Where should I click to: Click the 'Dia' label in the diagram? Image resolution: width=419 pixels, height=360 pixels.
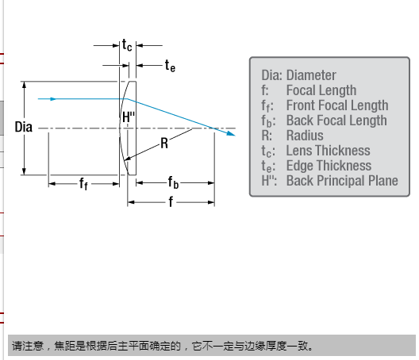(24, 127)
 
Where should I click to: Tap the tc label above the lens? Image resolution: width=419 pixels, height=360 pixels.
(127, 45)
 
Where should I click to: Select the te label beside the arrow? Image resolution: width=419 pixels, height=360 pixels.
(170, 66)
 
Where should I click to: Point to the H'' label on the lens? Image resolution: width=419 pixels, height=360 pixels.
(129, 117)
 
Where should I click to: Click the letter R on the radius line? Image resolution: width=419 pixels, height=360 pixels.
(164, 144)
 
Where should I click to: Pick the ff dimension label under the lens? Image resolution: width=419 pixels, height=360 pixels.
(83, 184)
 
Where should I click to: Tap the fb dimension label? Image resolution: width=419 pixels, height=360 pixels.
(173, 182)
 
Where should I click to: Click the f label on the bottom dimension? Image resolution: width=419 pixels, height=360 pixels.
(171, 201)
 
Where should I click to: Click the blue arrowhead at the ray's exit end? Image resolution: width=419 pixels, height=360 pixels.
(231, 133)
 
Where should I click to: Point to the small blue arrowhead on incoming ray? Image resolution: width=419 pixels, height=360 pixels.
(53, 99)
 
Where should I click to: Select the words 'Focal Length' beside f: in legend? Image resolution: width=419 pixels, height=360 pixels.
(321, 90)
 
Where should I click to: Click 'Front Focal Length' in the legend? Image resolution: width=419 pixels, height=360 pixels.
(337, 105)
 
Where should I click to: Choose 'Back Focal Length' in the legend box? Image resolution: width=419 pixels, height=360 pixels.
(336, 121)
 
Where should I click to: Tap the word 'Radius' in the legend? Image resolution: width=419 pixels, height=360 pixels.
(305, 135)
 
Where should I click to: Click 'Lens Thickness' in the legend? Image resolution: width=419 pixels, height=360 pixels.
(329, 151)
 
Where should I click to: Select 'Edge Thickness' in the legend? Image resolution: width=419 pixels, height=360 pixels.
(329, 165)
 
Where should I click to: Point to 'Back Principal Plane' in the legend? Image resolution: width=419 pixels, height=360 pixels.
(342, 181)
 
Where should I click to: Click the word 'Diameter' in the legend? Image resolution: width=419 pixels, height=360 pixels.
(311, 75)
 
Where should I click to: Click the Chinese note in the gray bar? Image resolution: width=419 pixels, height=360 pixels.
(163, 346)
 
